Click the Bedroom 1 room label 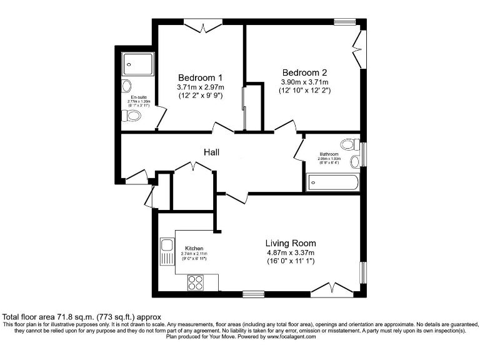(201, 77)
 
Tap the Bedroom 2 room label (304, 71)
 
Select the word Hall (211, 152)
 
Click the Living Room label (291, 242)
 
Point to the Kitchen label (194, 249)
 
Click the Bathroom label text (329, 154)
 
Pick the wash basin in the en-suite (127, 85)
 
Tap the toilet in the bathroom (355, 161)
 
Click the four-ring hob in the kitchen (196, 282)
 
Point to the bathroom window (363, 153)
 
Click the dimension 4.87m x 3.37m (291, 253)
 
